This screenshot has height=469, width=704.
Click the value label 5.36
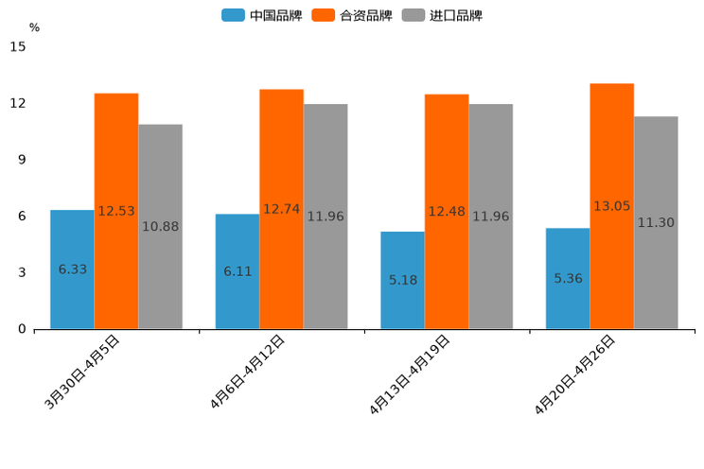coord(568,278)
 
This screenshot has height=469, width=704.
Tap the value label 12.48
coord(447,212)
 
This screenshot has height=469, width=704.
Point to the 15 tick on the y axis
coord(17,46)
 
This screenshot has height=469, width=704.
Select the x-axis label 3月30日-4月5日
coord(81,373)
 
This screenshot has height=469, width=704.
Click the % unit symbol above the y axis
coord(34,27)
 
